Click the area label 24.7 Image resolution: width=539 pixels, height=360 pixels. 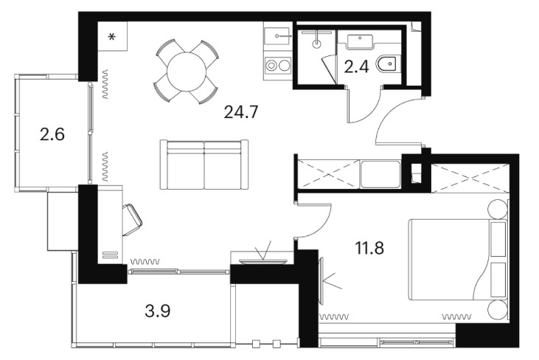pyautogui.click(x=240, y=111)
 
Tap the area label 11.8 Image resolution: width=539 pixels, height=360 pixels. pyautogui.click(x=369, y=248)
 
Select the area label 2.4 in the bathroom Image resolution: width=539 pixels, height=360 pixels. pyautogui.click(x=356, y=66)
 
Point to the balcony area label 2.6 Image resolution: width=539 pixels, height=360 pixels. pyautogui.click(x=52, y=134)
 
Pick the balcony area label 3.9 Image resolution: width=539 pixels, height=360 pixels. pyautogui.click(x=158, y=311)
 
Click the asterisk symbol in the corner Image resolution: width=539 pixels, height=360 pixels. pyautogui.click(x=112, y=36)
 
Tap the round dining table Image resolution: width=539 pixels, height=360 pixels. pyautogui.click(x=187, y=72)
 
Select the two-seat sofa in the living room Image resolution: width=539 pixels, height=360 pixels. pyautogui.click(x=204, y=165)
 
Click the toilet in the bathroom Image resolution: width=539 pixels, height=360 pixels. pyautogui.click(x=388, y=64)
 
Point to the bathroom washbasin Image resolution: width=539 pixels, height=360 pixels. pyautogui.click(x=360, y=42)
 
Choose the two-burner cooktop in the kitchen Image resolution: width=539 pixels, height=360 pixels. pyautogui.click(x=278, y=66)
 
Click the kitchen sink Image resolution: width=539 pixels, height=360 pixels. pyautogui.click(x=277, y=35)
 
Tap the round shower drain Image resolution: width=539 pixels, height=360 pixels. pyautogui.click(x=317, y=44)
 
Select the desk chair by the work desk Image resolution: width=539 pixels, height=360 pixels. pyautogui.click(x=132, y=220)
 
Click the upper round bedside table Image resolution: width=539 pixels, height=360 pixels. pyautogui.click(x=498, y=209)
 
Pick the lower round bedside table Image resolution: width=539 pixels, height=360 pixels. pyautogui.click(x=498, y=309)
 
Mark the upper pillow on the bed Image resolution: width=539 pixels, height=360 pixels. pyautogui.click(x=498, y=239)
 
